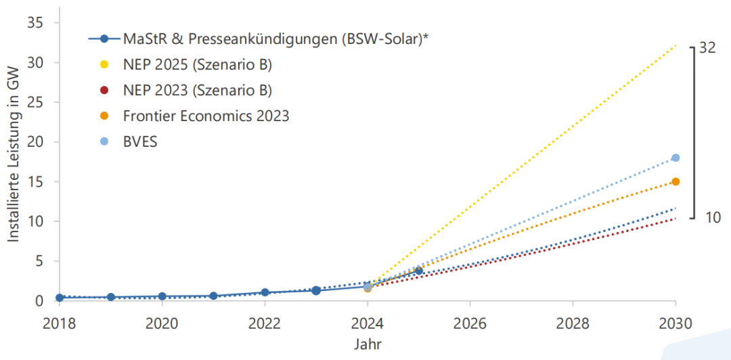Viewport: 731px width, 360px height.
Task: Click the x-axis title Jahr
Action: pyautogui.click(x=368, y=343)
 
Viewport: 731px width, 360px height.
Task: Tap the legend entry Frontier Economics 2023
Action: pyautogui.click(x=206, y=116)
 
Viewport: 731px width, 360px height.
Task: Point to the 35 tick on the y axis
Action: pyautogui.click(x=35, y=23)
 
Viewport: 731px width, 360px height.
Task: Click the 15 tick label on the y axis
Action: pyautogui.click(x=35, y=182)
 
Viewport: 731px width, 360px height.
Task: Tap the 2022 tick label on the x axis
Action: pyautogui.click(x=265, y=323)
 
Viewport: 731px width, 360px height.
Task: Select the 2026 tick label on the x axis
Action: pyautogui.click(x=470, y=323)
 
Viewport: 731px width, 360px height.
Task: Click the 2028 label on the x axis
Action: pyautogui.click(x=573, y=323)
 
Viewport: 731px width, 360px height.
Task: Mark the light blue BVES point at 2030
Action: pyautogui.click(x=675, y=158)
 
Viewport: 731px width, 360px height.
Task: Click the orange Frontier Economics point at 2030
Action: pyautogui.click(x=675, y=181)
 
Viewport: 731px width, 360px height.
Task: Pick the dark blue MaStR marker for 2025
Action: pyautogui.click(x=419, y=271)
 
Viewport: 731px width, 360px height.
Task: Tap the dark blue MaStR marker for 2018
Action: pyautogui.click(x=60, y=298)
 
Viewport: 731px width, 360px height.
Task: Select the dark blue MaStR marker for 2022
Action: pyautogui.click(x=265, y=292)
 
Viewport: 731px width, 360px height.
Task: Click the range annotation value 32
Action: pyautogui.click(x=708, y=48)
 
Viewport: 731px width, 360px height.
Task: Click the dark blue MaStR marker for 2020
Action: pyautogui.click(x=162, y=296)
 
